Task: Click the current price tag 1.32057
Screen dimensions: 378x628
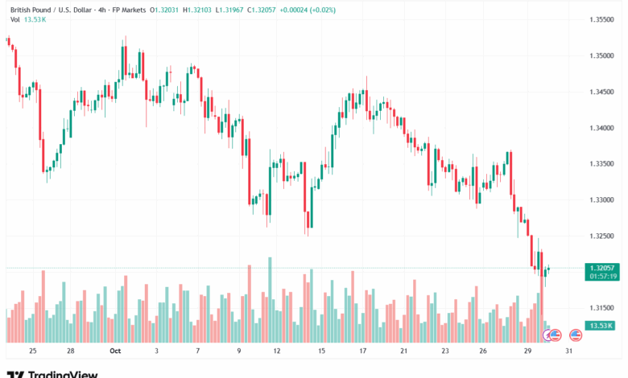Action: tap(603, 267)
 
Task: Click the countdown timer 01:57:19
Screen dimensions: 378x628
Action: tap(603, 276)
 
